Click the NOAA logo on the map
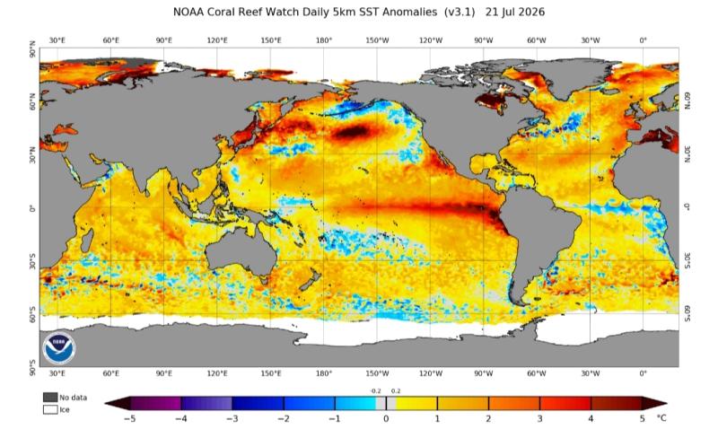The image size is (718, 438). pos(58,347)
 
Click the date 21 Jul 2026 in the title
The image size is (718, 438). pos(515,12)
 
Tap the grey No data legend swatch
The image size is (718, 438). pos(50,398)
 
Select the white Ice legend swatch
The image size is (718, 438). pos(50,409)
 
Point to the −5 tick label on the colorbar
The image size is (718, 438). pos(129,419)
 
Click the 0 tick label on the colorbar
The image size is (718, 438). pos(386,419)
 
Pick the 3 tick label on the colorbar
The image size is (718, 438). pos(540,419)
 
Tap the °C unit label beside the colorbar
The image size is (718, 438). pos(661,418)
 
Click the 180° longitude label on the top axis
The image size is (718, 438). pos(324,40)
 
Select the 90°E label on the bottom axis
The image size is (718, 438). pos(164,373)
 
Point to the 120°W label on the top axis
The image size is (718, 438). pos(431,40)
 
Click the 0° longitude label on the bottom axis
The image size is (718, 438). pos(643,373)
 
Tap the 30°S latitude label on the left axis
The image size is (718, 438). pos(32,265)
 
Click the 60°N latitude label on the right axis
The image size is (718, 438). pos(687,101)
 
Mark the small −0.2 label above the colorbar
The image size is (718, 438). pos(375,390)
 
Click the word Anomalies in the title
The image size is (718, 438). pos(410,12)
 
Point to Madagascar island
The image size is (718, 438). pos(87,240)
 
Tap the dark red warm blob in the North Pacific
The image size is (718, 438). pos(350,132)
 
